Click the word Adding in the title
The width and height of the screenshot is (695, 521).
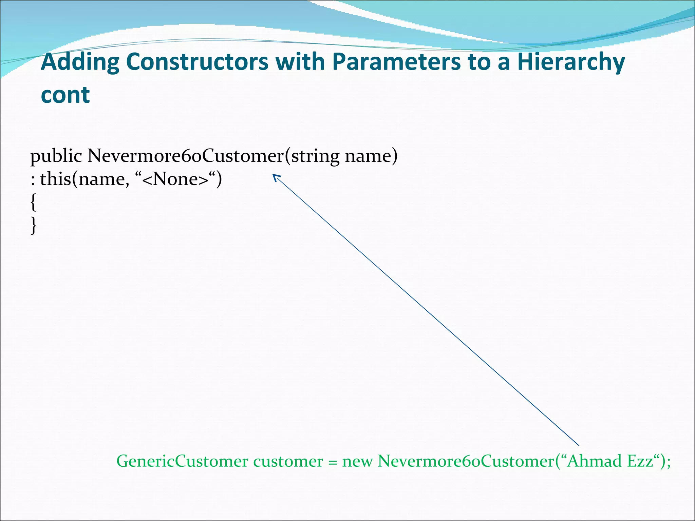coord(80,63)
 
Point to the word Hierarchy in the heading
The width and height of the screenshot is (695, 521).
coord(571,63)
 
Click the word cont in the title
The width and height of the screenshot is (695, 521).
coord(65,95)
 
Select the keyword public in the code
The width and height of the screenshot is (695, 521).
coord(56,156)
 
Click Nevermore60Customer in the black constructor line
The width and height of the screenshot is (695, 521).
coord(185,156)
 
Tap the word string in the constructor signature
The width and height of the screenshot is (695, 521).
coord(315,156)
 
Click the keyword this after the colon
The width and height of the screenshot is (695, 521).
coord(55,179)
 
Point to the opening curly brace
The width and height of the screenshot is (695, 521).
coord(33,202)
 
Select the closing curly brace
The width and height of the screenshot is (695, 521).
coord(33,225)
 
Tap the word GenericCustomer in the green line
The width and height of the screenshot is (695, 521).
coord(182,461)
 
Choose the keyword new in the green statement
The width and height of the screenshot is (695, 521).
coord(357,462)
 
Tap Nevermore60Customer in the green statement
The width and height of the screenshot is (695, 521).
coord(466,461)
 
